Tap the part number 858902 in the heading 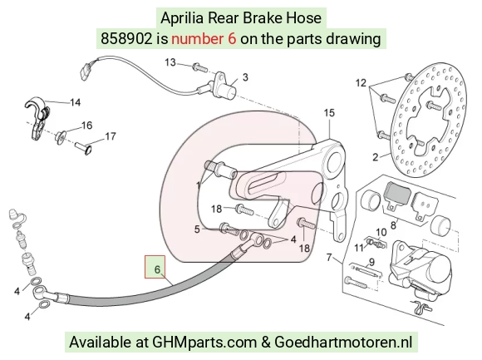pyautogui.click(x=126, y=39)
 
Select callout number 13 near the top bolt pyautogui.click(x=170, y=62)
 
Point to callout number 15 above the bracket pyautogui.click(x=329, y=113)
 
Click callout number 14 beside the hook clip pyautogui.click(x=76, y=102)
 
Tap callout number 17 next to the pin pyautogui.click(x=111, y=136)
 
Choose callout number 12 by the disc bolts pyautogui.click(x=361, y=82)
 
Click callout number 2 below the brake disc pyautogui.click(x=376, y=157)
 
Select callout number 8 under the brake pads pyautogui.click(x=393, y=225)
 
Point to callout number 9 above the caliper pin pyautogui.click(x=371, y=262)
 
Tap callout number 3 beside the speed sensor pyautogui.click(x=245, y=77)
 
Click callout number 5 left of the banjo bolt pyautogui.click(x=197, y=229)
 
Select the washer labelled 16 pyautogui.click(x=61, y=136)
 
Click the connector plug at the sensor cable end pyautogui.click(x=84, y=71)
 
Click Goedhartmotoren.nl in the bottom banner pyautogui.click(x=343, y=342)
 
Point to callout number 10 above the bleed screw pyautogui.click(x=381, y=232)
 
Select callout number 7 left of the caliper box pyautogui.click(x=329, y=257)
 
